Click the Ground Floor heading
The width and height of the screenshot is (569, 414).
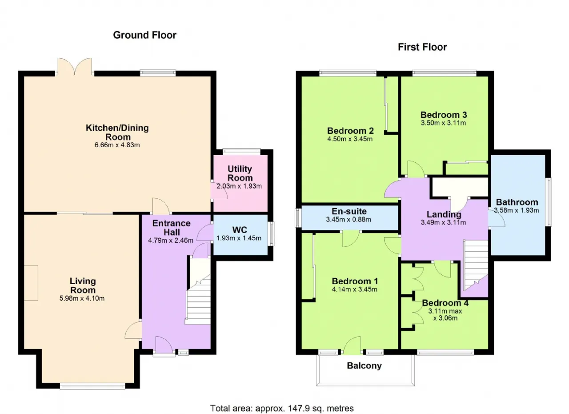[x=144, y=35]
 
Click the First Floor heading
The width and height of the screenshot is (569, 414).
[x=422, y=47]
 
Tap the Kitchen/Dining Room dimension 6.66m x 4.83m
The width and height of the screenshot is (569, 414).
[x=117, y=145]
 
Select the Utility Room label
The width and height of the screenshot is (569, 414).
[x=240, y=173]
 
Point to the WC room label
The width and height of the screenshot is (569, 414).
[x=240, y=230]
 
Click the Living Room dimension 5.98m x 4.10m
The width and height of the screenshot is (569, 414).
[x=82, y=298]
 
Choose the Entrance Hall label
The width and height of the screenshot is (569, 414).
[x=172, y=228]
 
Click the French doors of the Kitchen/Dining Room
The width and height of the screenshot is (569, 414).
[x=75, y=67]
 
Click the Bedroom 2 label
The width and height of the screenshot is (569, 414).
[x=350, y=131]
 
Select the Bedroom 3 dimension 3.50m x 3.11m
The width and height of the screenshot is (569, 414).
[x=444, y=123]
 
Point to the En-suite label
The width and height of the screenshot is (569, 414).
[x=349, y=211]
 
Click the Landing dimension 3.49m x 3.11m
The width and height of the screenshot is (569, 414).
[x=444, y=223]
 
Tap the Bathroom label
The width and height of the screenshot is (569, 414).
[x=517, y=202]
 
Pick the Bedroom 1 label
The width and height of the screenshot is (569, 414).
[x=355, y=281]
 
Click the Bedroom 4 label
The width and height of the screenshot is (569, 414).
[x=445, y=303]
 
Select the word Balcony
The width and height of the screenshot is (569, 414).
[x=364, y=366]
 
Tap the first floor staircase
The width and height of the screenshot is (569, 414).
[x=476, y=265]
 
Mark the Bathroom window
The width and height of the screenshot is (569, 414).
[x=549, y=202]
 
